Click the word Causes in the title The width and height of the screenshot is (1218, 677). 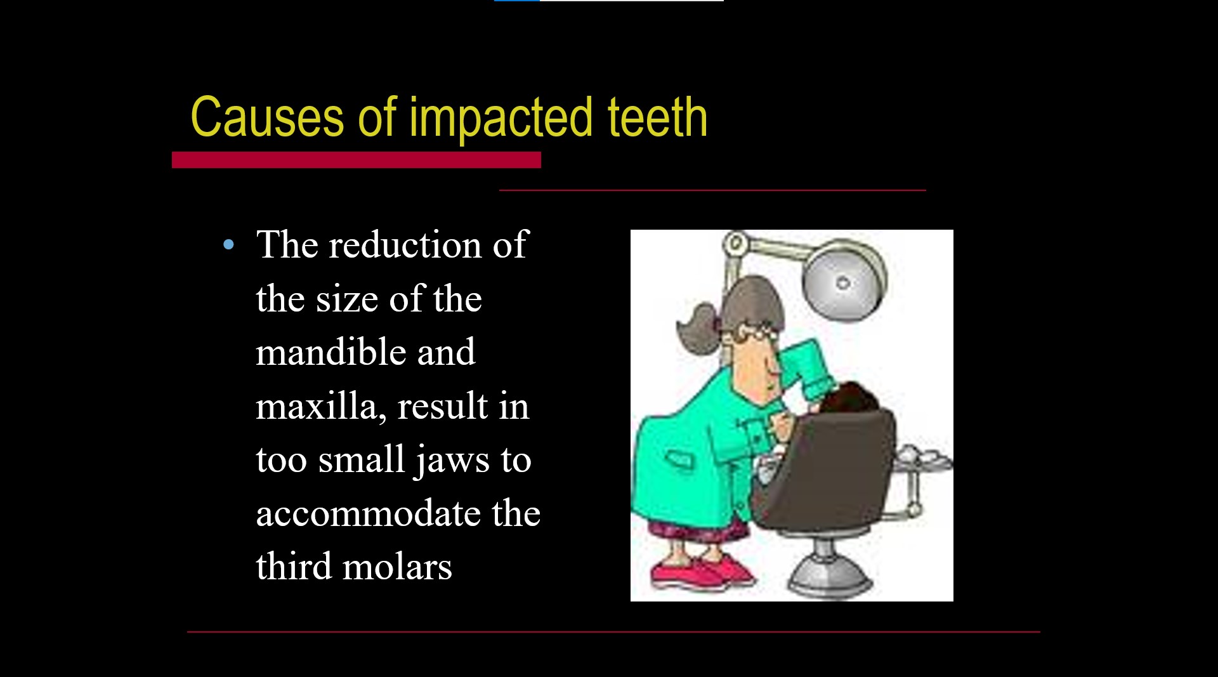[x=267, y=117]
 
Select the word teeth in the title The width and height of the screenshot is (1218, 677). [x=657, y=117]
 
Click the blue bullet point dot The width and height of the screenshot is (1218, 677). [x=229, y=245]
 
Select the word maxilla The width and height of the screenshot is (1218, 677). [x=320, y=407]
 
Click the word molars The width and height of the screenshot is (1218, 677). [x=397, y=567]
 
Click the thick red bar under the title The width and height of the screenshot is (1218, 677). [x=356, y=160]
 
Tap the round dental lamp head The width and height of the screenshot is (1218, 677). [x=843, y=283]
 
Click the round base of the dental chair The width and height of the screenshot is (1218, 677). [x=828, y=578]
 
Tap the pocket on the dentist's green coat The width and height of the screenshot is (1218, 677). [x=679, y=459]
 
